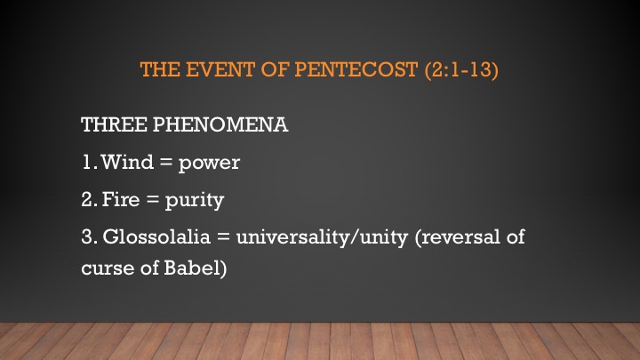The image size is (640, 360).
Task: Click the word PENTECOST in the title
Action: [x=356, y=69]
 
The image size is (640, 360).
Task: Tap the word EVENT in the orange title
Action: [x=220, y=69]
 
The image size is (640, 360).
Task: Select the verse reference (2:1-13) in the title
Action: [x=461, y=70]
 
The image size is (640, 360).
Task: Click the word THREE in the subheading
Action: [x=114, y=124]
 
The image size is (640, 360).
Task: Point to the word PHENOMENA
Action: [x=220, y=124]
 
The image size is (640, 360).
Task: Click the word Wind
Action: [x=127, y=162]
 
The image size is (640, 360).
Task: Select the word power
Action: [x=210, y=164]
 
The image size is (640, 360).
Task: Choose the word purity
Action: [x=195, y=201]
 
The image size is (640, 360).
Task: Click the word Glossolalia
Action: [x=156, y=236]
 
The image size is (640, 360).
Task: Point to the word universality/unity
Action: [x=322, y=237]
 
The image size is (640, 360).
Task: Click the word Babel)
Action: [x=195, y=268]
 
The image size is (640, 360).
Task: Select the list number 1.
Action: [x=89, y=162]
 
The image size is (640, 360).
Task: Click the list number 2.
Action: [x=89, y=199]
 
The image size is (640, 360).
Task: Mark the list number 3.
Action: [x=89, y=236]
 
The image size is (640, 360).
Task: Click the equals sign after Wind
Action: [x=166, y=163]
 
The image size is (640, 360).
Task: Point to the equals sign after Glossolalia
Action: [x=223, y=237]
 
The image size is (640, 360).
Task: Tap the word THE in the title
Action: [x=160, y=69]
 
